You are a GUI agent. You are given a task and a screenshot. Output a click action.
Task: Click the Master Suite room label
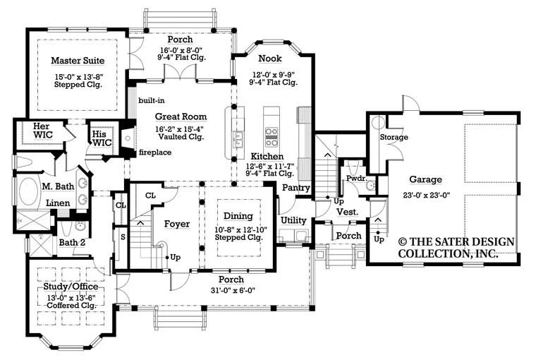(x=78, y=61)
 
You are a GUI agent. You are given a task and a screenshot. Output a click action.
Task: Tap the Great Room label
(x=181, y=116)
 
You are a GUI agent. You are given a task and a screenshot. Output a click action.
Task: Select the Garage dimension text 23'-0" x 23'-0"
(x=426, y=196)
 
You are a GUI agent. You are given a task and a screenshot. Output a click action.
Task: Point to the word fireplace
(x=155, y=152)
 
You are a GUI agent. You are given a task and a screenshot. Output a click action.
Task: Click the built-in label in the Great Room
(x=152, y=100)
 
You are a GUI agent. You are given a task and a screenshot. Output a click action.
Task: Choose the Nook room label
(x=270, y=59)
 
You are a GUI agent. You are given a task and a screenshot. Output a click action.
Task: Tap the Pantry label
(x=296, y=188)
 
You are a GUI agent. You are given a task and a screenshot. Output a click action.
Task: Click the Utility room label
(x=293, y=220)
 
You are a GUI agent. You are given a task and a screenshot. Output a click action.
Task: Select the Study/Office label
(x=71, y=287)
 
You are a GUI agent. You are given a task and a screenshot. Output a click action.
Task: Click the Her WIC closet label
(x=43, y=131)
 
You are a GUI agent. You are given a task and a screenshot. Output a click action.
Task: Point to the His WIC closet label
(x=102, y=138)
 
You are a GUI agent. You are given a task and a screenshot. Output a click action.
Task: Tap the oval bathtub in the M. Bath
(x=30, y=191)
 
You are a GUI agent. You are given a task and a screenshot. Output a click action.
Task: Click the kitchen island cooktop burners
(x=272, y=136)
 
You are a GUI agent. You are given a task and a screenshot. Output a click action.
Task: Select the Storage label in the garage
(x=394, y=137)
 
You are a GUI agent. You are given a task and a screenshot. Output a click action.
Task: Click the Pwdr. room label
(x=357, y=179)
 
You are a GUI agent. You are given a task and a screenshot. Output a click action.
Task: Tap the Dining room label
(x=238, y=216)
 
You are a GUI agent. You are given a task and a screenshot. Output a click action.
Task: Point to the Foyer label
(x=177, y=224)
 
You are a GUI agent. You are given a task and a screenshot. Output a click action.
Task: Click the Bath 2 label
(x=72, y=243)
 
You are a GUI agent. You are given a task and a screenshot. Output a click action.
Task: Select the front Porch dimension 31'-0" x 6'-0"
(x=233, y=291)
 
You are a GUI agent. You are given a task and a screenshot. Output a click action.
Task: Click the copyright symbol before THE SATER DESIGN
(x=403, y=242)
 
